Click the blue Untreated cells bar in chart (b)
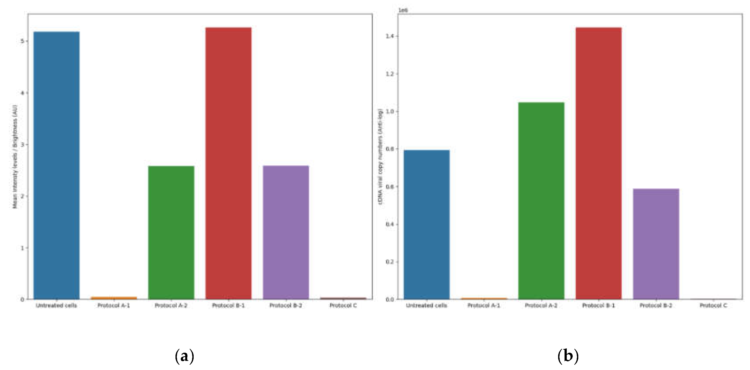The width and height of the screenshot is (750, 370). tap(427, 224)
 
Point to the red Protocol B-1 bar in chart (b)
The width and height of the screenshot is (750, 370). tap(599, 163)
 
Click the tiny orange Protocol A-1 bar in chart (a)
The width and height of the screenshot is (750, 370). tap(114, 298)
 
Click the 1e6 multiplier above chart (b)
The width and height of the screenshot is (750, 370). tap(403, 10)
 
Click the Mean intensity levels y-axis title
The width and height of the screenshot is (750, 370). tap(15, 157)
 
